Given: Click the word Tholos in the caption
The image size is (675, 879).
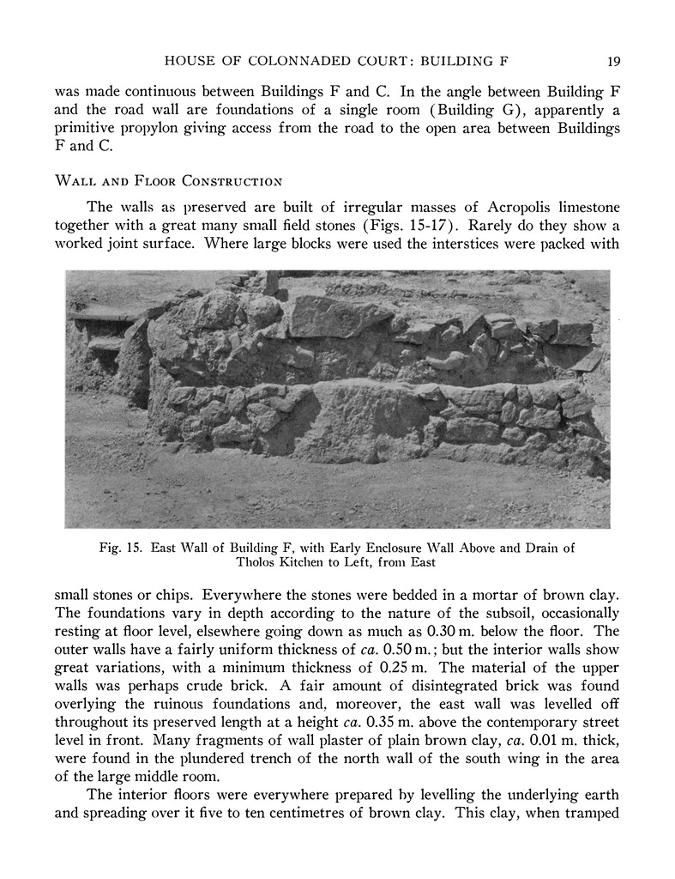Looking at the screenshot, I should pyautogui.click(x=260, y=564).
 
